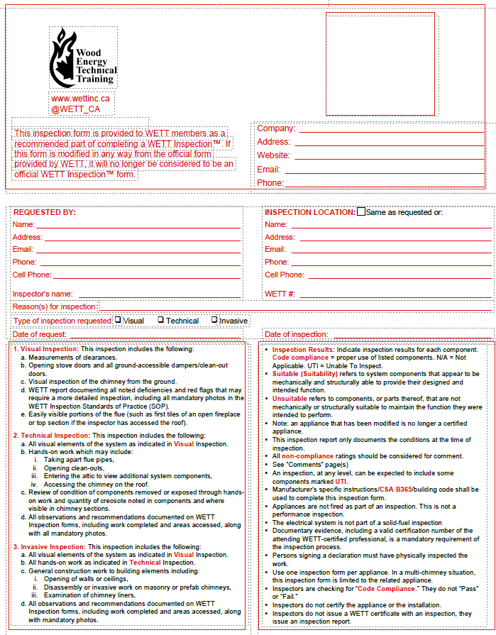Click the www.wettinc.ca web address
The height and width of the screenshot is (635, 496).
(80, 99)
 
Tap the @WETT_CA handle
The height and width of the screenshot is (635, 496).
(75, 110)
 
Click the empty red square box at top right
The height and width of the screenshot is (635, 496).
(380, 64)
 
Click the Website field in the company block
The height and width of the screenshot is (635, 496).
(388, 155)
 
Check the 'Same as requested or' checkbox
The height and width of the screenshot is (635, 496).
(361, 211)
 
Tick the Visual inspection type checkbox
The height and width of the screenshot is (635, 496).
(119, 320)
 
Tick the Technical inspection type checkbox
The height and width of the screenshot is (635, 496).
(161, 320)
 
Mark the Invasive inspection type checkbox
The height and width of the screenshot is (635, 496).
(215, 320)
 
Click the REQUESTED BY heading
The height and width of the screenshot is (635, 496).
(44, 212)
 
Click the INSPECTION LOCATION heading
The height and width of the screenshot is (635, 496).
(309, 212)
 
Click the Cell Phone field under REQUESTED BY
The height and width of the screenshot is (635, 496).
(146, 275)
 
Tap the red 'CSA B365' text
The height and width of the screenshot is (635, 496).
(399, 490)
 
